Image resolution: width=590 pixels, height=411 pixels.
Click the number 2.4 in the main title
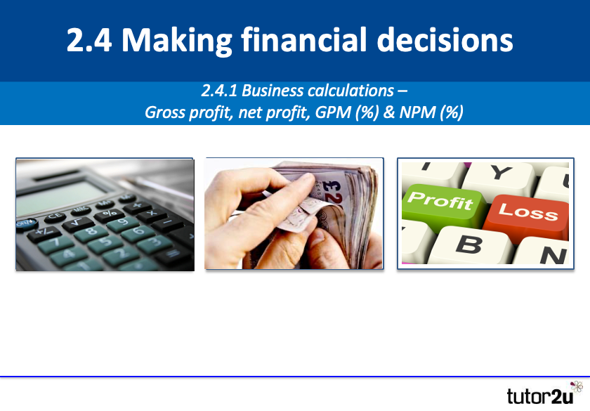coord(88,41)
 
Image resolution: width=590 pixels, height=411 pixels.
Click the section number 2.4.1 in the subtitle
coord(220,91)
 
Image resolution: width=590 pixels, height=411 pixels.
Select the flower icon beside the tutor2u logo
coord(577,387)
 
